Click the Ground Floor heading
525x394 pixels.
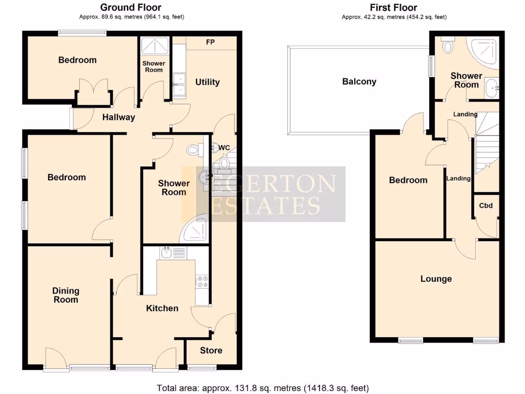click(x=131, y=7)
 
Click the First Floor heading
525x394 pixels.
click(x=394, y=7)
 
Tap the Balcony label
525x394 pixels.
click(x=359, y=82)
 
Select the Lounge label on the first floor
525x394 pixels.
click(x=436, y=279)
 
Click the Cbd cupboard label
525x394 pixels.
click(x=486, y=206)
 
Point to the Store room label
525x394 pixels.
click(x=211, y=350)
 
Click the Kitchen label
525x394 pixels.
click(x=163, y=308)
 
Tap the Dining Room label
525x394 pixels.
click(x=66, y=295)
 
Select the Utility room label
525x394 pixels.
click(x=208, y=82)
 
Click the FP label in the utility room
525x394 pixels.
click(x=210, y=42)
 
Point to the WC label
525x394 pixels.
click(x=224, y=148)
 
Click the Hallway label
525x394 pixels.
click(x=118, y=117)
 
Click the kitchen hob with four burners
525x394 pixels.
click(x=201, y=281)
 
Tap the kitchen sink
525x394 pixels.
click(x=173, y=252)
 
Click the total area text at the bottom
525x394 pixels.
click(x=262, y=388)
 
